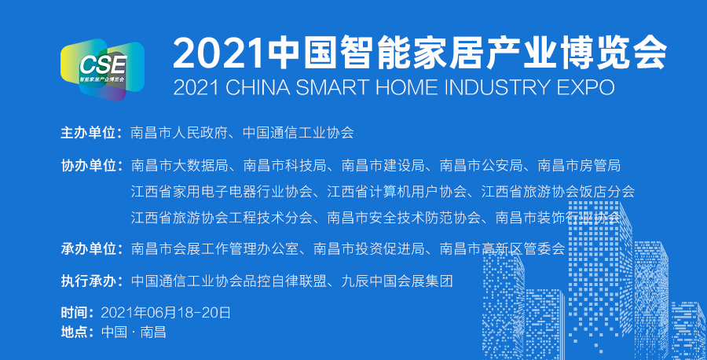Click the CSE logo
(x=102, y=69)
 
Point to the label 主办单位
(x=88, y=133)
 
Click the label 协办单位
(x=88, y=166)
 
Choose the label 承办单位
(x=88, y=248)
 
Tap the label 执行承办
(x=88, y=281)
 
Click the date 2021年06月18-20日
(x=166, y=313)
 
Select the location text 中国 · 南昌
(x=134, y=332)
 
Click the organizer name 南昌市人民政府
(x=179, y=133)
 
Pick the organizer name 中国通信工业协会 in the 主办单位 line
(x=298, y=133)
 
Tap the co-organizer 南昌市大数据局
(x=179, y=166)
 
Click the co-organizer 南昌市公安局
(x=481, y=166)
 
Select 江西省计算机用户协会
(x=397, y=191)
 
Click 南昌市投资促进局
(x=369, y=248)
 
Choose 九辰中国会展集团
(x=397, y=281)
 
